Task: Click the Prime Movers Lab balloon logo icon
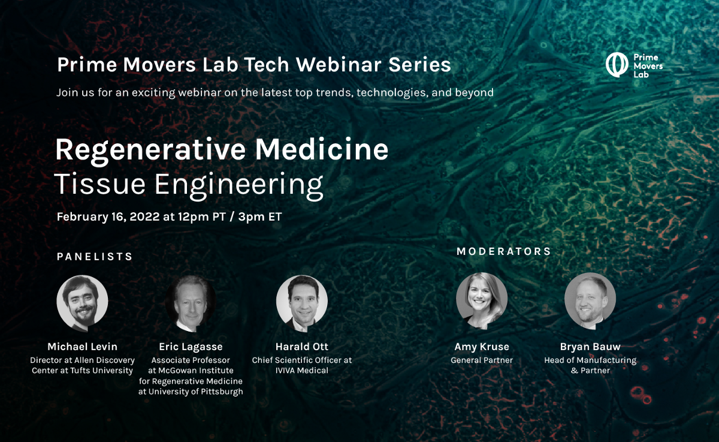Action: click(617, 65)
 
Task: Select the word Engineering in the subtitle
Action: click(239, 185)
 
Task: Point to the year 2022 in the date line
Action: click(144, 217)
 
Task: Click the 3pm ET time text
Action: click(260, 217)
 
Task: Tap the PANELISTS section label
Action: click(95, 256)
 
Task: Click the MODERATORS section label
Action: click(504, 251)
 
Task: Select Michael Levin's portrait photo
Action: click(82, 303)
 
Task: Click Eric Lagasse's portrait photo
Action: click(191, 303)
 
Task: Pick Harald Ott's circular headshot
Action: click(302, 303)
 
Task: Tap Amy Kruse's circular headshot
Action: click(482, 301)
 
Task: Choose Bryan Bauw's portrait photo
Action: click(590, 301)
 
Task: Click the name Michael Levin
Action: click(83, 347)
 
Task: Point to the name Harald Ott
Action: click(302, 347)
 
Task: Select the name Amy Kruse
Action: click(482, 347)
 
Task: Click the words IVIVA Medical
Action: click(302, 371)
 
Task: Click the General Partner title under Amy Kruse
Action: click(482, 360)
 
